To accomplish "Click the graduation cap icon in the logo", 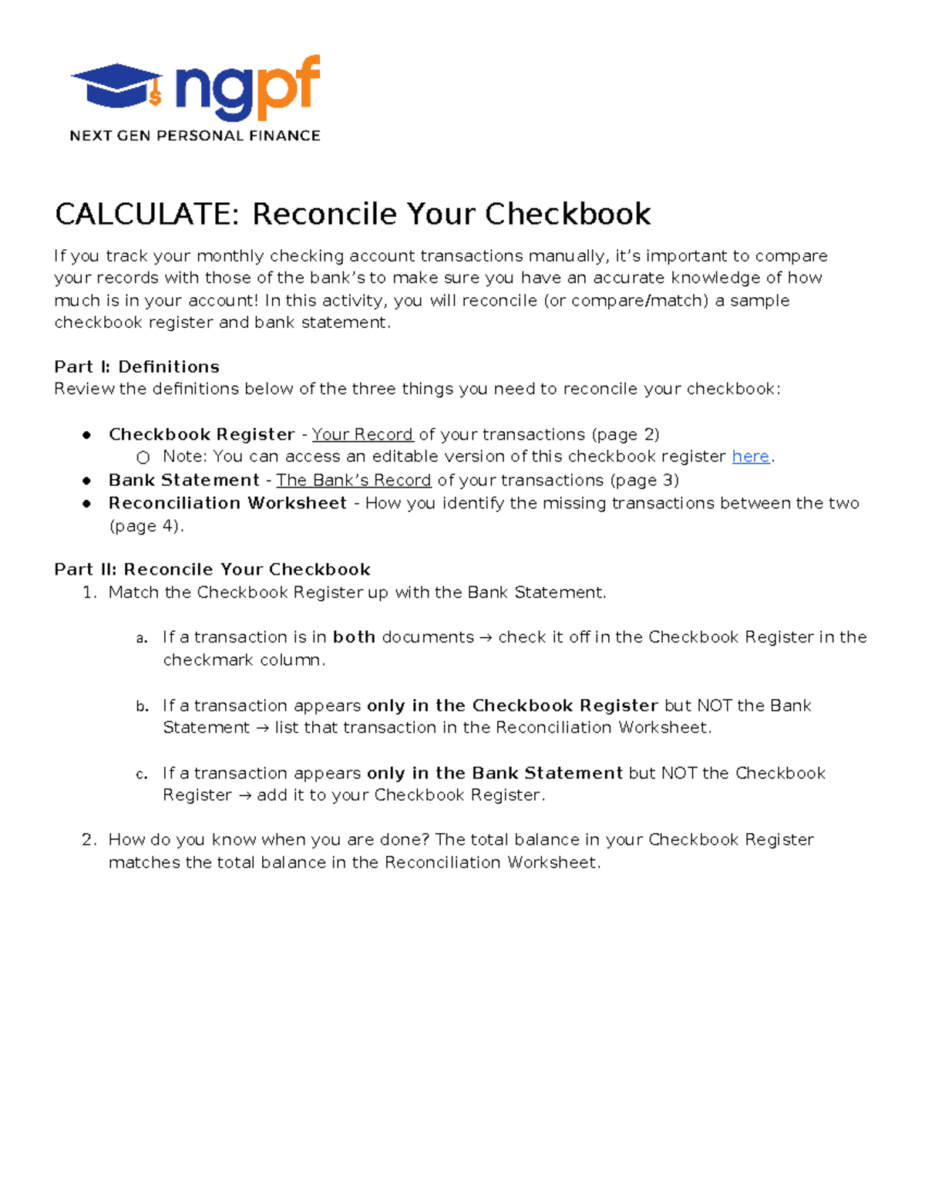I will click(116, 85).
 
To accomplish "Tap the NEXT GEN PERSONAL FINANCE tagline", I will click(194, 136).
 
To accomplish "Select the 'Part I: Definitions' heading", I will click(136, 366).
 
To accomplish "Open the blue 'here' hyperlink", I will click(750, 457).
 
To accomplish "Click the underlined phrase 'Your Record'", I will click(362, 434).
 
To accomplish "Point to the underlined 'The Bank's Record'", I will click(353, 480).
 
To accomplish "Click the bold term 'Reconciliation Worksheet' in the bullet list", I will click(227, 503).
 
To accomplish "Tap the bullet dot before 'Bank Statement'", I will click(87, 481).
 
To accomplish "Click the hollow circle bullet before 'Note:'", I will click(143, 457).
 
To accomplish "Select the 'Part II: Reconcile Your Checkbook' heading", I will click(212, 569).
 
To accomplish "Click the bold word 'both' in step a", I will click(354, 637).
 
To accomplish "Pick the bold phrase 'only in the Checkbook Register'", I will click(512, 705).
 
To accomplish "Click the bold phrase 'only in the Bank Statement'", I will click(494, 773).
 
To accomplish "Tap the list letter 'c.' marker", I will click(141, 774).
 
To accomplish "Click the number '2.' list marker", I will click(89, 839).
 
